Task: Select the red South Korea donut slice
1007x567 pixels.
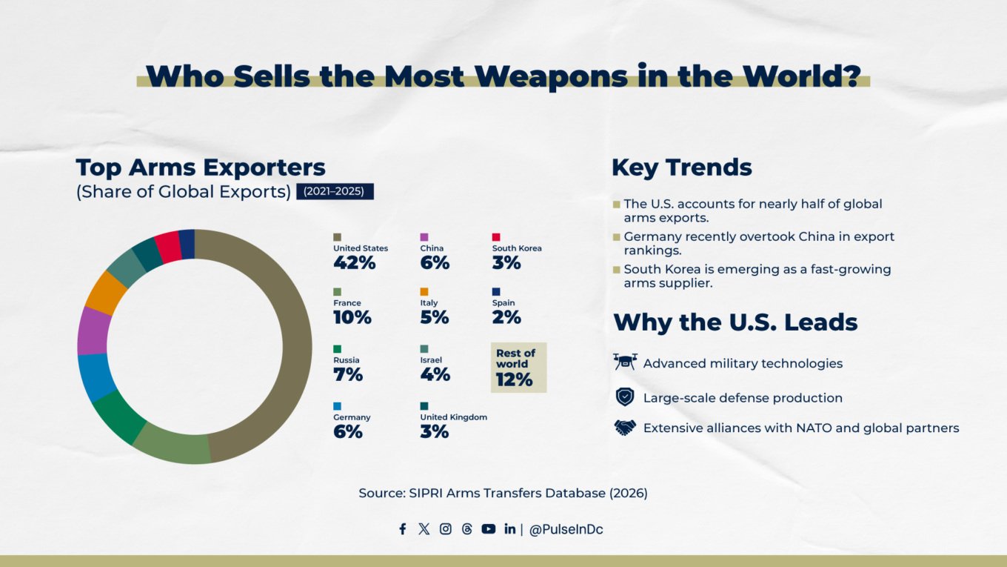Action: [167, 247]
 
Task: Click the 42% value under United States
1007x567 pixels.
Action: [354, 262]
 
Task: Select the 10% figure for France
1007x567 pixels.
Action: [352, 317]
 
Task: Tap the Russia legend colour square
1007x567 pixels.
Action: [337, 348]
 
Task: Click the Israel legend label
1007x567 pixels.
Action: [431, 360]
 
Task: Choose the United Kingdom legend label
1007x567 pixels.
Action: [453, 417]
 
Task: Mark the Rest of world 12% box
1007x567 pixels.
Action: [518, 368]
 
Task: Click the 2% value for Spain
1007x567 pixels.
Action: [506, 317]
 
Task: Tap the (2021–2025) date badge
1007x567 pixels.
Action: [334, 191]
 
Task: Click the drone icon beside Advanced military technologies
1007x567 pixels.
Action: [625, 362]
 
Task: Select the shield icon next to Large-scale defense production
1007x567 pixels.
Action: [625, 397]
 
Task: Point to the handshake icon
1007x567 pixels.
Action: [625, 428]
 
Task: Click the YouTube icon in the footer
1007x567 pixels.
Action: [488, 529]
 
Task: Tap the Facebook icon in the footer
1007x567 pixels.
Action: [403, 529]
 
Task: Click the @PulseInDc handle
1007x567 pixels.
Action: [566, 530]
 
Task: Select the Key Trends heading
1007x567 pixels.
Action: [681, 168]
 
